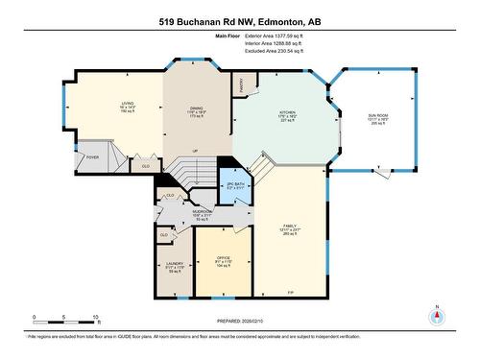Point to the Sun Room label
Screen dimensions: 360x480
click(376, 115)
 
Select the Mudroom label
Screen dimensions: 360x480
click(202, 213)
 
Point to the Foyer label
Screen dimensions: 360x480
click(93, 156)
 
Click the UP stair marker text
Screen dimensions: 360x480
click(195, 151)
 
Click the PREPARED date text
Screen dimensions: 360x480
click(240, 321)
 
